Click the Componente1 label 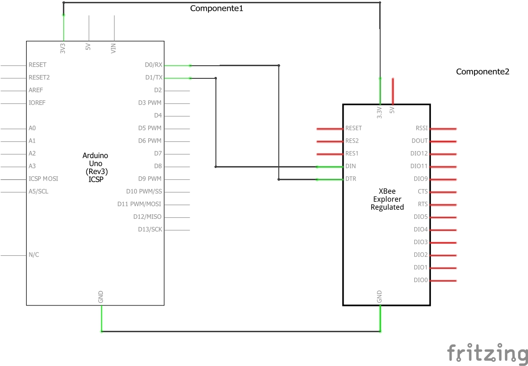point(216,8)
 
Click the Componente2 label point(482,72)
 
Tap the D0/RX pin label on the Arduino point(153,65)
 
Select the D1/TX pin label point(153,77)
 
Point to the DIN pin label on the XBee point(351,166)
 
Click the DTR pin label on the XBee point(351,179)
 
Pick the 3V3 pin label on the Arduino point(63,48)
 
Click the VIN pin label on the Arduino point(114,48)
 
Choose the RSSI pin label point(421,128)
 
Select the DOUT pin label point(420,141)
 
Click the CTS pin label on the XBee point(422,191)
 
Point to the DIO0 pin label point(421,280)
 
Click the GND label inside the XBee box point(380,296)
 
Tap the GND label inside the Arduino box point(101,297)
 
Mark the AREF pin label point(36,90)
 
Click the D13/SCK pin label point(150,229)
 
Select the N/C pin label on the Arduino point(34,255)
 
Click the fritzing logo point(487,353)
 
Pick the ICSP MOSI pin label point(44,179)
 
